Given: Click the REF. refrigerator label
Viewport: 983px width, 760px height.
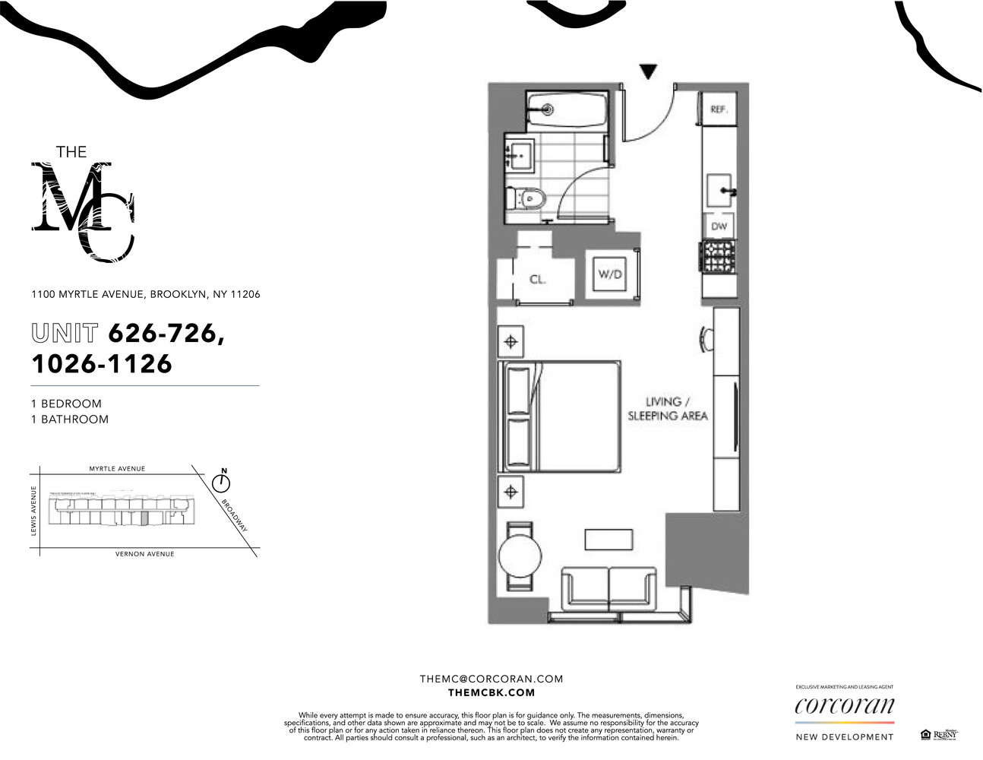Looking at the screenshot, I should tap(718, 109).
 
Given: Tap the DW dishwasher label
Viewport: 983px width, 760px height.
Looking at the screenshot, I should tap(719, 226).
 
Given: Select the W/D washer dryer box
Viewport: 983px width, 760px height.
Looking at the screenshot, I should tap(610, 274).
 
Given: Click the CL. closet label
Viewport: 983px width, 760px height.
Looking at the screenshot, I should tap(537, 279).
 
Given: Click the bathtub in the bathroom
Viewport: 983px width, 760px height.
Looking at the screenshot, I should tap(567, 109).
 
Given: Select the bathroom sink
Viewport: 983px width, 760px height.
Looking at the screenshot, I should tap(520, 156).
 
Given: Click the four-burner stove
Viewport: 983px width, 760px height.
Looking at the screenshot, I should tap(718, 255).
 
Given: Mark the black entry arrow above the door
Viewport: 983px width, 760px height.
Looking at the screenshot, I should tap(648, 72).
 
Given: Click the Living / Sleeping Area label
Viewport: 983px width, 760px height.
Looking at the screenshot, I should tap(666, 409).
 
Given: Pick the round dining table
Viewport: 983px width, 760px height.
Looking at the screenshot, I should tap(519, 556).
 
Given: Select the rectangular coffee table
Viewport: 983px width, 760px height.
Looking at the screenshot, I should tap(608, 539).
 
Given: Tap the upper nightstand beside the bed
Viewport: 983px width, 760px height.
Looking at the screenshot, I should tap(511, 342).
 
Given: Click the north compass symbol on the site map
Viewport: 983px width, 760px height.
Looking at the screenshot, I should tap(222, 481).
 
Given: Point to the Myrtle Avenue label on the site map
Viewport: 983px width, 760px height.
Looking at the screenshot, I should tap(117, 469).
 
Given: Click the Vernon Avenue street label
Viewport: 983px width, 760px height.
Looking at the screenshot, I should tap(144, 554).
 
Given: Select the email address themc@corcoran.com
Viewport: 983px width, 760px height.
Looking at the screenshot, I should tap(491, 679).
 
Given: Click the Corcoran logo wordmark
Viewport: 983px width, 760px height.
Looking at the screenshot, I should tap(844, 706).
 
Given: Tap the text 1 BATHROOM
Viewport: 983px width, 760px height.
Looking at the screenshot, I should tap(70, 419).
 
